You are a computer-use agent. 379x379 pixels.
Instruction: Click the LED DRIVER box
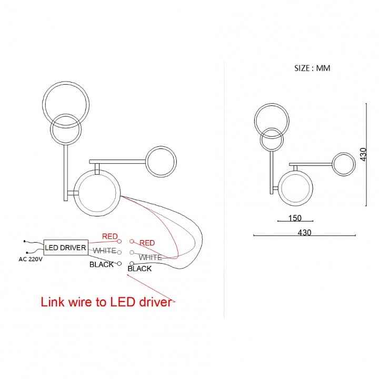coord(66,247)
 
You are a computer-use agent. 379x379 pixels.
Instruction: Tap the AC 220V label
coord(31,260)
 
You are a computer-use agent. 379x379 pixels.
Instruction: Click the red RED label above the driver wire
coord(109,236)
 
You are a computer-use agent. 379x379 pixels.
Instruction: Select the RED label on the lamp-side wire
coord(147,243)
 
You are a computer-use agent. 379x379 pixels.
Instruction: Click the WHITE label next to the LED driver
coord(104,251)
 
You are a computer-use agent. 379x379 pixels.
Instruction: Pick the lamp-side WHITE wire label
coord(151,257)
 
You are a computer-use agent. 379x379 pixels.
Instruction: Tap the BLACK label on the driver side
coord(102,264)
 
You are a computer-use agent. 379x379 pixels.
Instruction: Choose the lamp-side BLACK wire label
coord(139,268)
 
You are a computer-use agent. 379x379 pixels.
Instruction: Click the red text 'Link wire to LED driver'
coord(106,302)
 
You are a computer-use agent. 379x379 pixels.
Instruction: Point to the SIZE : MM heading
coord(312,68)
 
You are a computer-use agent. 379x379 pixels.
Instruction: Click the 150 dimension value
coord(295,218)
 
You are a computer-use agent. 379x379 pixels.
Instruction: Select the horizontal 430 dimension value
coord(304,233)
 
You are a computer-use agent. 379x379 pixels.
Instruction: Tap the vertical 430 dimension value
coord(363,154)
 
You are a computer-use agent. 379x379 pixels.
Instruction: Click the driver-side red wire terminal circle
coord(119,241)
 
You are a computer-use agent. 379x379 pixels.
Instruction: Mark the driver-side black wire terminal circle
coord(119,264)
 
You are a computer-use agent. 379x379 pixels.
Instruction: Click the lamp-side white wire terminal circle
coord(132,253)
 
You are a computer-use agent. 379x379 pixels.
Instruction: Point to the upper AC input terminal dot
coord(24,241)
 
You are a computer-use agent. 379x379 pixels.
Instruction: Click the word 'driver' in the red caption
coord(155,302)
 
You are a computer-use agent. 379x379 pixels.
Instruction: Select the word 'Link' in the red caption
coord(53,302)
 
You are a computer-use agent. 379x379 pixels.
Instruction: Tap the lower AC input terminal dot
coord(27,253)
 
